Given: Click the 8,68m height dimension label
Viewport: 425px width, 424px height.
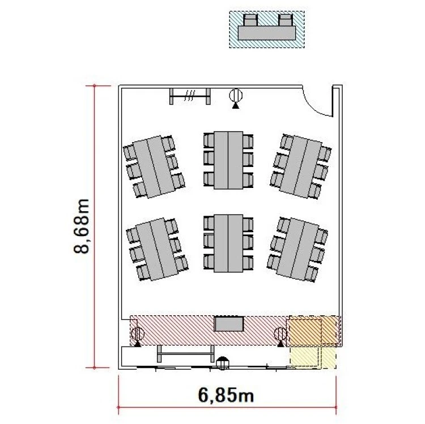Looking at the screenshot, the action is point(81,226).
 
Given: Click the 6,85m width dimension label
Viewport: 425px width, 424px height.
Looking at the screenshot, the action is point(226,395).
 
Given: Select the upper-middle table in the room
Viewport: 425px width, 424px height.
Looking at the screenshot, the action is point(228,160).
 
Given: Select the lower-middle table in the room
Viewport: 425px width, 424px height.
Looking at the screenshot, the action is point(228,243).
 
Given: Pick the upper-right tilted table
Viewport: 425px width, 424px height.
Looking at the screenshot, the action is point(301,167).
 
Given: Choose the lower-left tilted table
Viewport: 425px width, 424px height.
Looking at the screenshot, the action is point(157,249).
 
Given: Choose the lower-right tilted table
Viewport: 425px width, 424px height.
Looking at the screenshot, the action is point(298,249).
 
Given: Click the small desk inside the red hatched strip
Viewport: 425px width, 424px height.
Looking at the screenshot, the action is point(229,324).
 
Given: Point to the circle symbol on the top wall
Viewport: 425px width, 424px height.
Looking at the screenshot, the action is point(236,95).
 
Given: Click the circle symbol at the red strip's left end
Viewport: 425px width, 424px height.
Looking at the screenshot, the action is point(138,333).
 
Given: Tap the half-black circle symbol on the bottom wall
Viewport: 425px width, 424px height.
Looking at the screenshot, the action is point(223,363).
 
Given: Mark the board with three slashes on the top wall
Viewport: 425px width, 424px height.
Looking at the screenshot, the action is point(190,96).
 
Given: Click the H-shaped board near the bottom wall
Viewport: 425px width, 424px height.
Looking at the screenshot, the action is point(186,354).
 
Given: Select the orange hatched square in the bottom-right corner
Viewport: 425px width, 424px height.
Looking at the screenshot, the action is point(304,331).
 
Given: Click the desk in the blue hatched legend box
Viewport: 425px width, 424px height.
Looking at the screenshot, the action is point(266,33).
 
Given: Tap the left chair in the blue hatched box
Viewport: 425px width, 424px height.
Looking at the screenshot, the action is point(250,20).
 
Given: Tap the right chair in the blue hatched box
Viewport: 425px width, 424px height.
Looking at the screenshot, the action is point(286,20).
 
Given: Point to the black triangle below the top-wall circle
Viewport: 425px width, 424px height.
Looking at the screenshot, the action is point(236,106).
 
